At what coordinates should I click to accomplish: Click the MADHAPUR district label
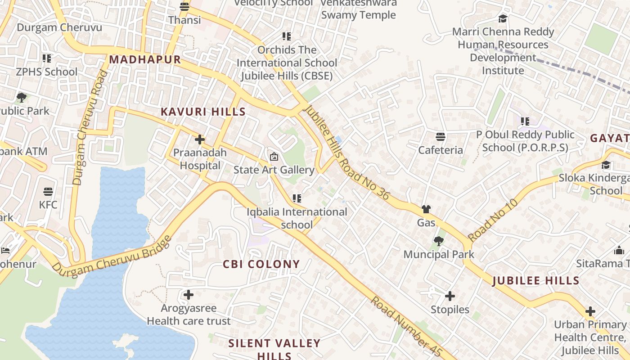point(144,59)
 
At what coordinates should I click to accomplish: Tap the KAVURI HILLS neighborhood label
point(203,112)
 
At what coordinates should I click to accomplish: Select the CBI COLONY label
point(261,264)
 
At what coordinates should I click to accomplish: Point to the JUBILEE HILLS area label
point(536,281)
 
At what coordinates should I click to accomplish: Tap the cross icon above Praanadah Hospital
point(200,139)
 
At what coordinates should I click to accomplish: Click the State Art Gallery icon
point(274,157)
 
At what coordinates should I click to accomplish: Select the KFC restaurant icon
point(48,192)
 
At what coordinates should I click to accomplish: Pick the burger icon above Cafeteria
point(441,137)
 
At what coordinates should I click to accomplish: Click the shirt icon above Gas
point(426,209)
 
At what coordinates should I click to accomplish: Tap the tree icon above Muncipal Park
point(438,241)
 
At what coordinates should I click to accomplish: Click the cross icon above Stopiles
point(450,296)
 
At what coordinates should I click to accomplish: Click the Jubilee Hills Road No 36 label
point(346,153)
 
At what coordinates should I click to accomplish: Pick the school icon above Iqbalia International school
point(297,198)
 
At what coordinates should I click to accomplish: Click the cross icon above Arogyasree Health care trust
point(189,295)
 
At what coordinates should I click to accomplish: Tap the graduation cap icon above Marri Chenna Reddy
point(503,19)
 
